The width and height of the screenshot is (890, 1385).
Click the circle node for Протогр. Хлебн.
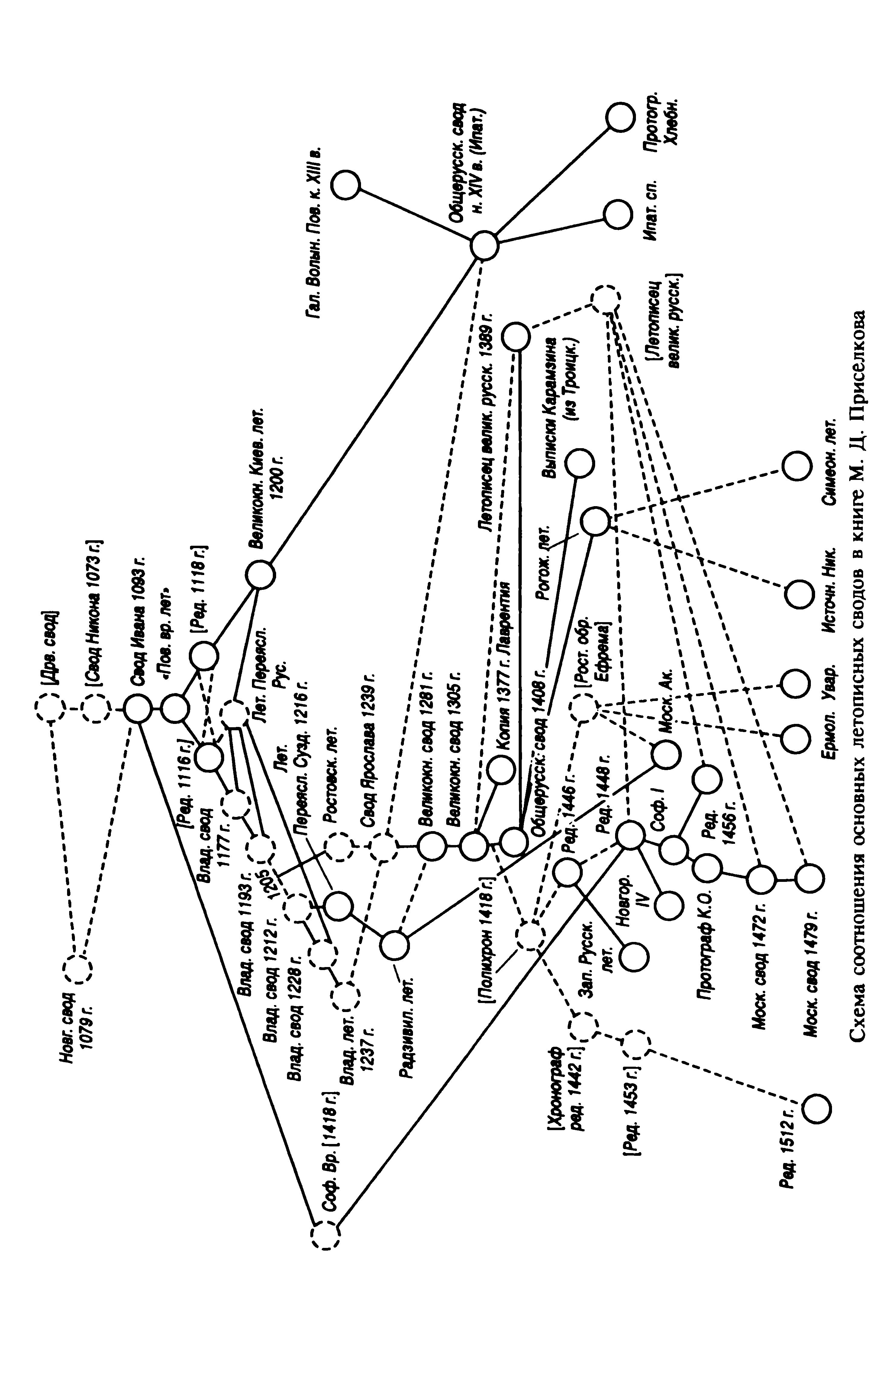point(621,118)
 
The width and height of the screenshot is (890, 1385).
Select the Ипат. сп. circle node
point(617,215)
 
